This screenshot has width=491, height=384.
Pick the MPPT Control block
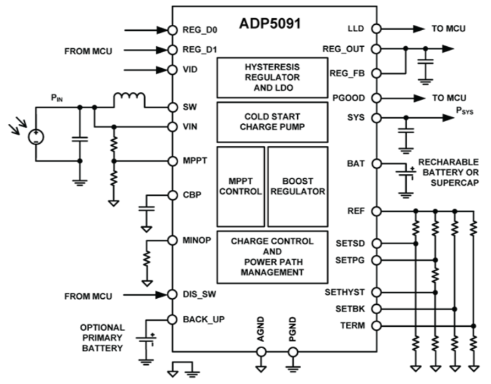click(x=241, y=186)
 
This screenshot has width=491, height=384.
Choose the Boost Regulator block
click(x=298, y=186)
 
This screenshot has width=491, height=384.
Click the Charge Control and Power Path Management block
click(x=272, y=256)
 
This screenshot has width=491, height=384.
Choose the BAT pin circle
click(x=377, y=164)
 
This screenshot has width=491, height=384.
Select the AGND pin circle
click(x=261, y=352)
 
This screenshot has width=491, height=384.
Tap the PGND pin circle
click(x=293, y=352)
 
